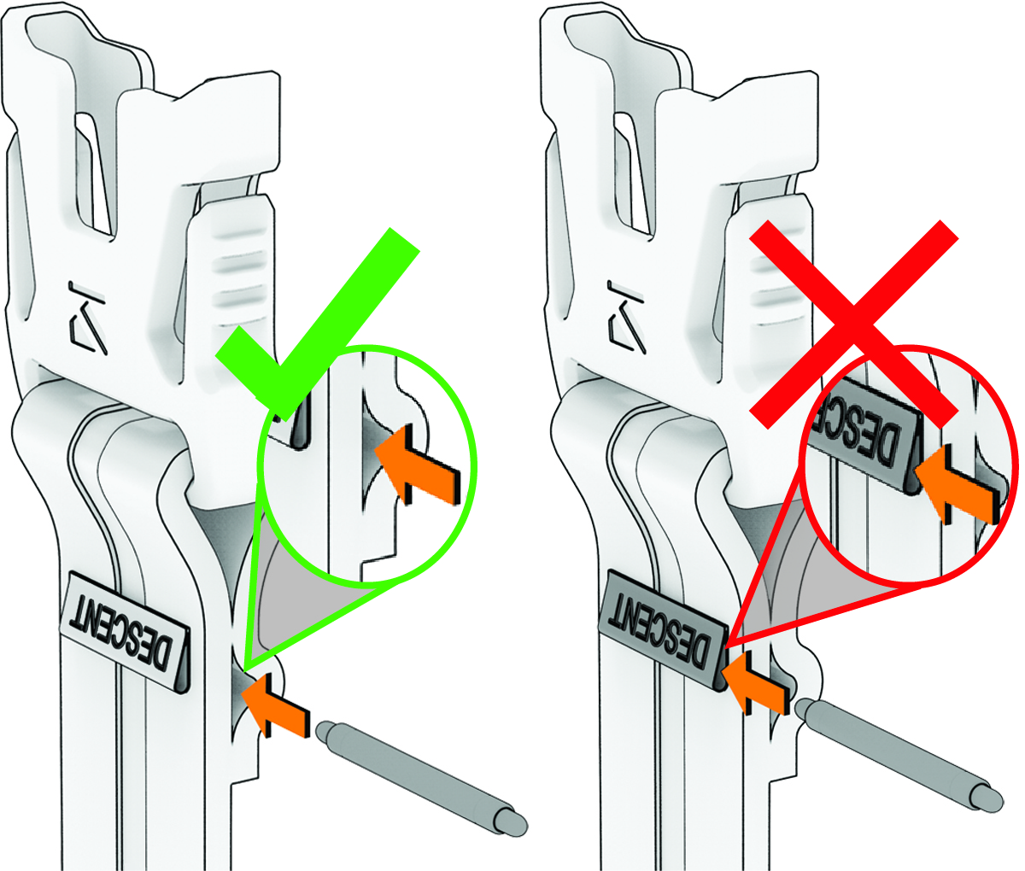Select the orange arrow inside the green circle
click(x=417, y=465)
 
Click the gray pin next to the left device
click(x=421, y=778)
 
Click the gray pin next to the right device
click(x=899, y=755)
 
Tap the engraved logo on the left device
click(x=87, y=319)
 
